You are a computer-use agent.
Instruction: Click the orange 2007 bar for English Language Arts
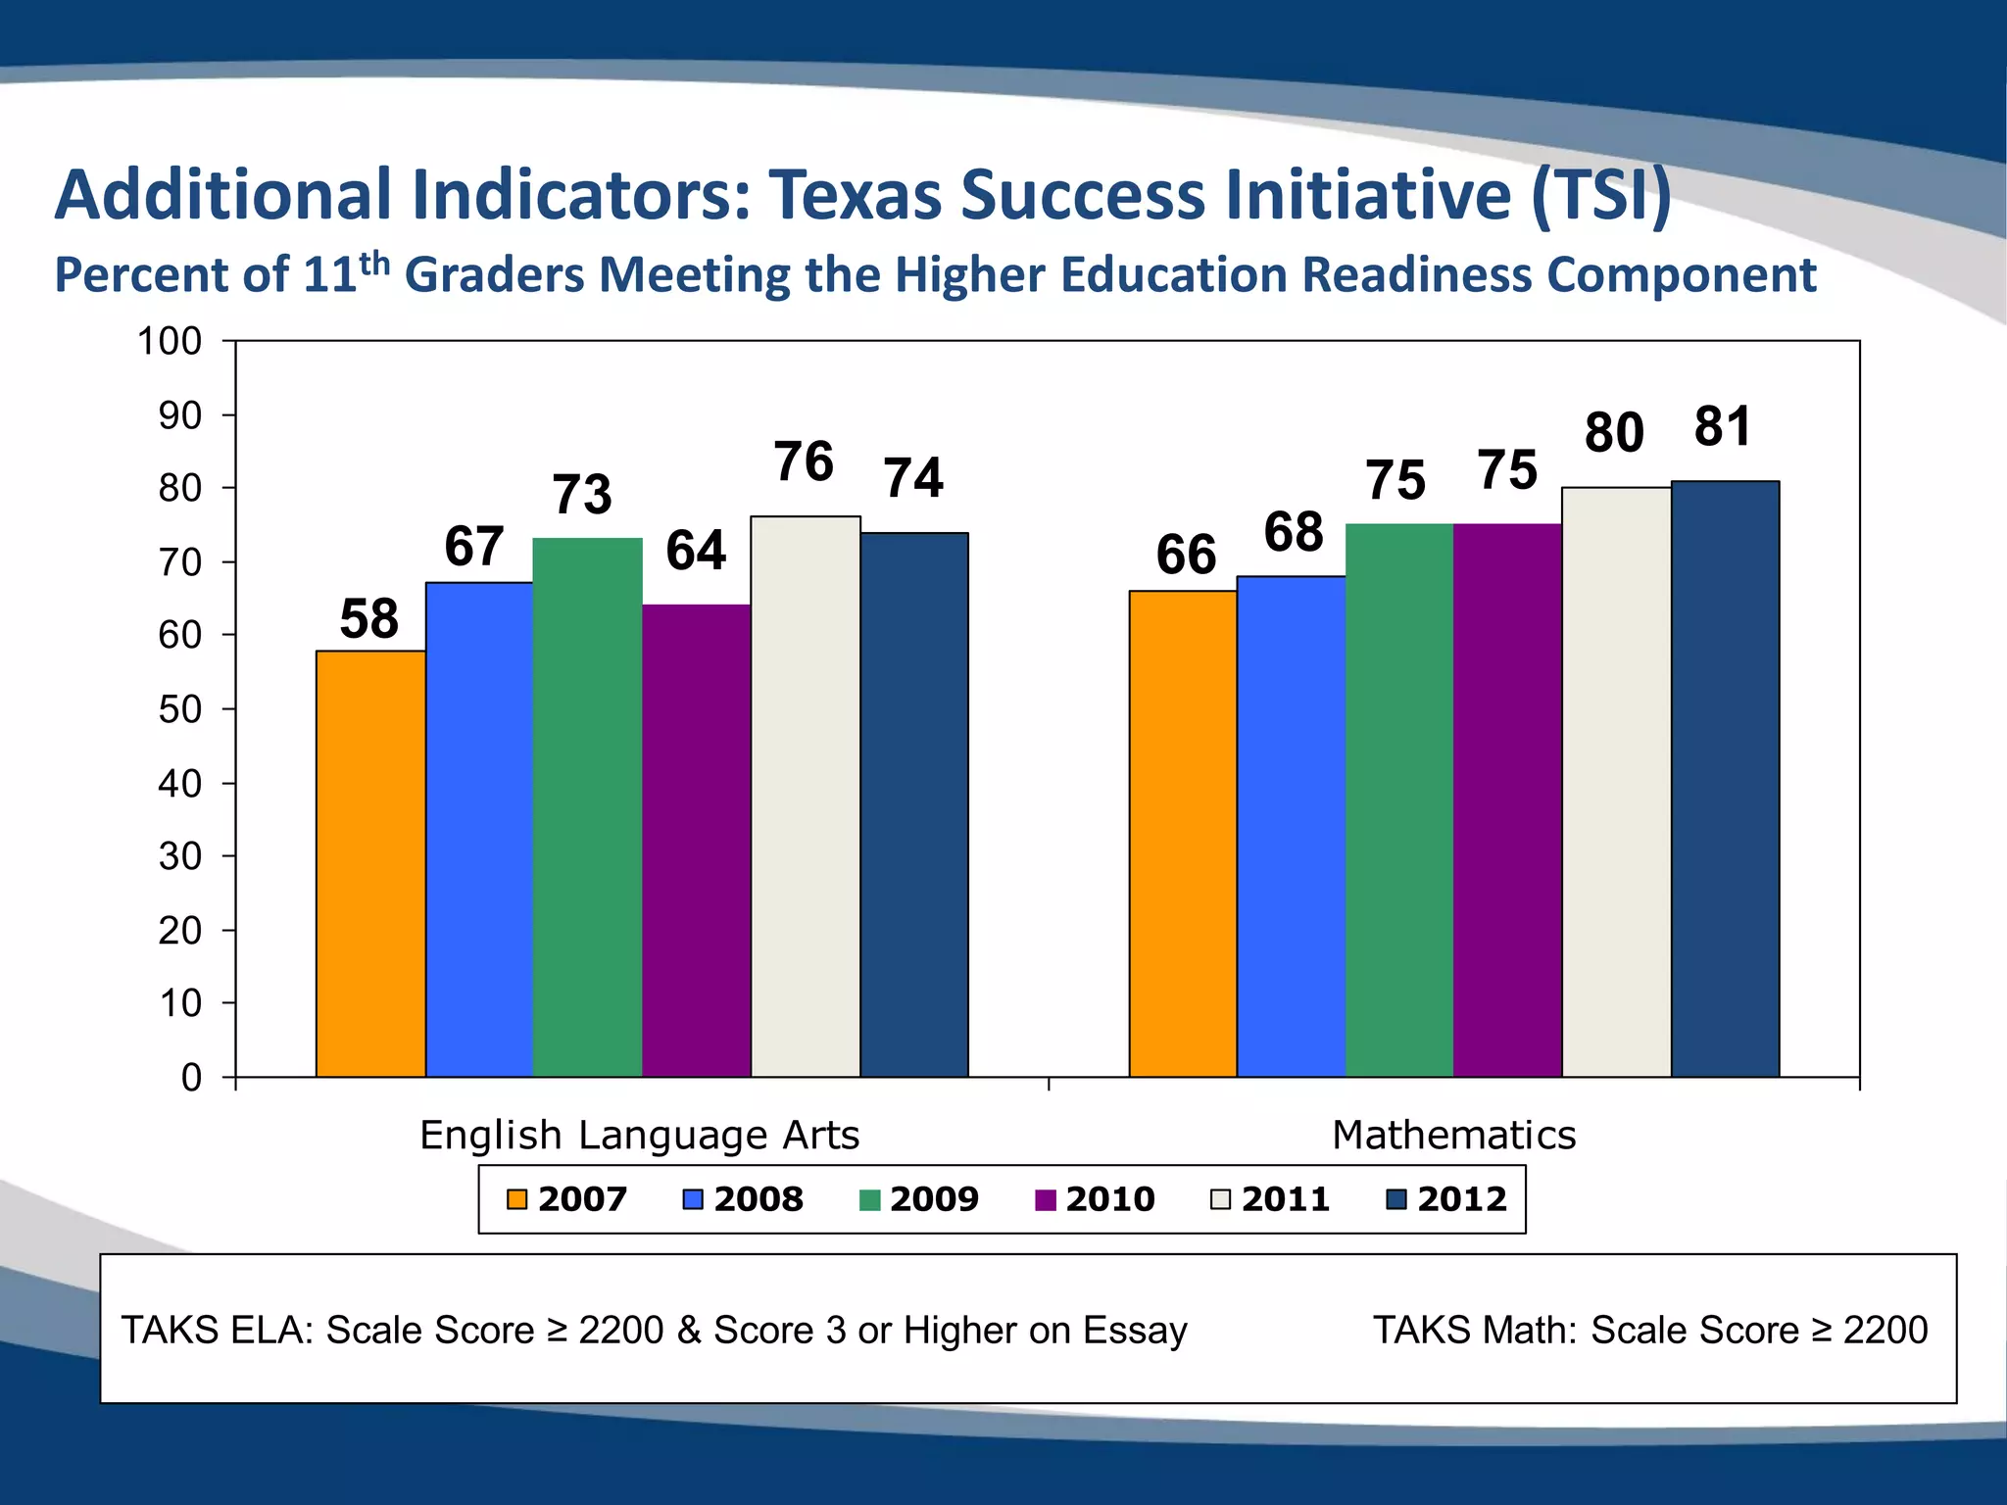(370, 862)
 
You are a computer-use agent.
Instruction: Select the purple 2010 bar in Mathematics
(1507, 799)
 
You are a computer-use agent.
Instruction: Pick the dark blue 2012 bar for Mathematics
(1725, 779)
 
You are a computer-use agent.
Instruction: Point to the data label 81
(1722, 427)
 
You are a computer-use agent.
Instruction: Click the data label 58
(368, 619)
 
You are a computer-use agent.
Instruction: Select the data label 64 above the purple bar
(696, 551)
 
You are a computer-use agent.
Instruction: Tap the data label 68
(1294, 533)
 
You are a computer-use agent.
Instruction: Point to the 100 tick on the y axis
(169, 342)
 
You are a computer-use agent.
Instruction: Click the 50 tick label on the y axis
(179, 709)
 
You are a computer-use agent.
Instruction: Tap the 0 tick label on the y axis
(191, 1078)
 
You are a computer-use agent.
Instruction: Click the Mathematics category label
(1453, 1136)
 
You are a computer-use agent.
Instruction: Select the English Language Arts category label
(639, 1136)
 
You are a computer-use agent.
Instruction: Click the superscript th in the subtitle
(374, 263)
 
